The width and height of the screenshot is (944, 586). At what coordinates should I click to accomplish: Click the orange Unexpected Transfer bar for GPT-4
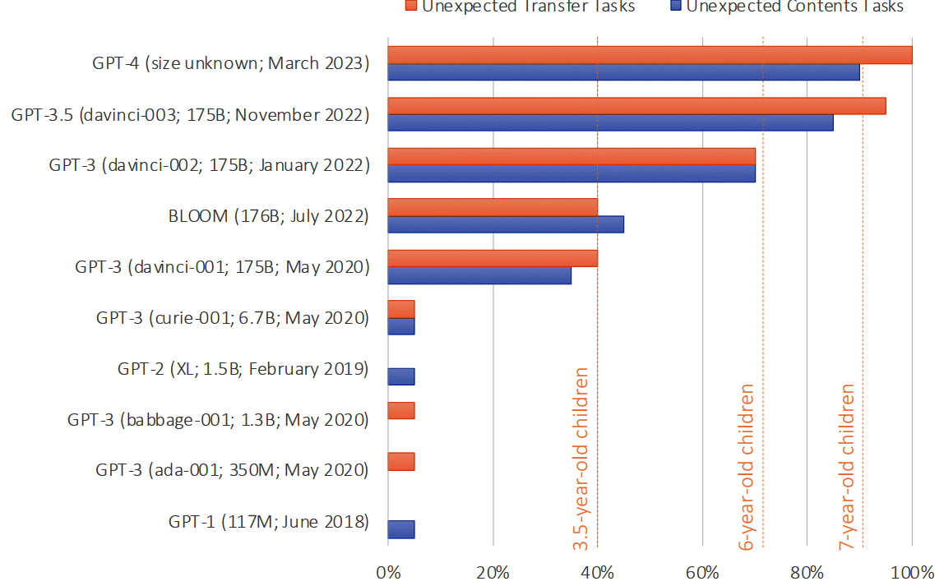tap(650, 55)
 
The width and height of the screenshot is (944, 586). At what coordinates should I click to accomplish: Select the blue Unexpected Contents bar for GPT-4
tap(623, 72)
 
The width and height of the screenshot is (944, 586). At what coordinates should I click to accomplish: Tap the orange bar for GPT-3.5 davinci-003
tap(636, 106)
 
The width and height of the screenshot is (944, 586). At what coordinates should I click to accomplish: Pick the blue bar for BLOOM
tap(505, 224)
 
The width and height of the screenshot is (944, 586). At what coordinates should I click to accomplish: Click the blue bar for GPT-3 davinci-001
tap(479, 275)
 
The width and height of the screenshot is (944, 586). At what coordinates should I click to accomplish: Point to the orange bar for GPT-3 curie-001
tap(400, 309)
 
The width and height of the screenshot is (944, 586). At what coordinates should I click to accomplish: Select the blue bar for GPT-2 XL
tap(400, 376)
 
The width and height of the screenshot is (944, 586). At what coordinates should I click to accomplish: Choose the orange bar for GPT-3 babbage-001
tap(400, 411)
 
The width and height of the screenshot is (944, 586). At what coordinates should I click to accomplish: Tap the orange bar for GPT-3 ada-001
tap(400, 462)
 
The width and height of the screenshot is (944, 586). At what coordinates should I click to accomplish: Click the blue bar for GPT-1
tap(400, 529)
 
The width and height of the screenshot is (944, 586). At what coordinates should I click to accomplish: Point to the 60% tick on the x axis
tap(703, 571)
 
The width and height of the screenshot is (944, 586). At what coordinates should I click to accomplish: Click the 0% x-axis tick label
tap(387, 571)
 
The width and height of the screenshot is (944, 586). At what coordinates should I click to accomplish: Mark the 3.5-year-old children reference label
tap(581, 459)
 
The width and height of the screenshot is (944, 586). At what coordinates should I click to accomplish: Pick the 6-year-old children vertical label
tap(747, 466)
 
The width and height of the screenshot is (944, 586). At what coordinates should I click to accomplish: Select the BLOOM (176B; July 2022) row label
tap(267, 217)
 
